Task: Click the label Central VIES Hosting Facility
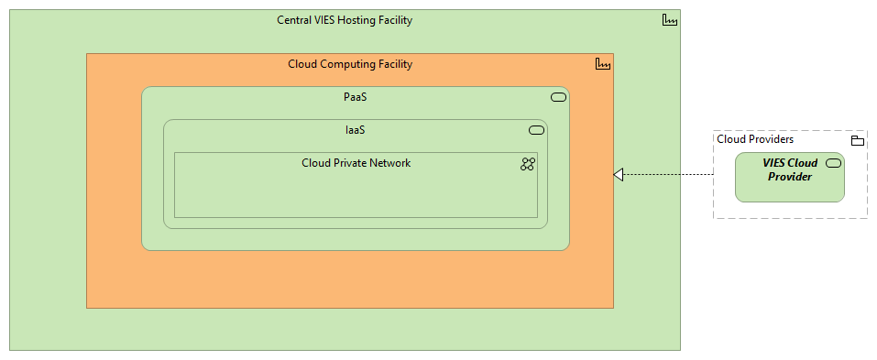[345, 20]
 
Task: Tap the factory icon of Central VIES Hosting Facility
[669, 21]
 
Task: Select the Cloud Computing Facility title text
[350, 64]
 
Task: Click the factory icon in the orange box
[602, 64]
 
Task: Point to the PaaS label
[355, 96]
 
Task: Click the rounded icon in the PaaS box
[558, 97]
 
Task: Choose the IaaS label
[356, 130]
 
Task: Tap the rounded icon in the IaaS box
[536, 130]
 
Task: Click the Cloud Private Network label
[356, 163]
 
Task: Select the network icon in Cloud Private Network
[528, 164]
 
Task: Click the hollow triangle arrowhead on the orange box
[619, 174]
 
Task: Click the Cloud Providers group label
[755, 139]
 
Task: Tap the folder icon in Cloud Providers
[857, 140]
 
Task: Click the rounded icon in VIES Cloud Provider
[833, 163]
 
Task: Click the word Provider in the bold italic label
[790, 176]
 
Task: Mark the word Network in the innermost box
[389, 163]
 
